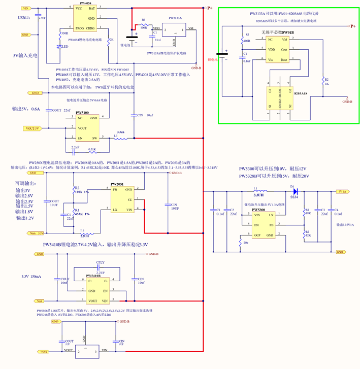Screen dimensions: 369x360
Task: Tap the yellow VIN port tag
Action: click(x=25, y=9)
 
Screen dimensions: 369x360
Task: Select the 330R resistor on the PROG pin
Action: click(x=61, y=36)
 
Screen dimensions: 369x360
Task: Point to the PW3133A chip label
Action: click(x=176, y=18)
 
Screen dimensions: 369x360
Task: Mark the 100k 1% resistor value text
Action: click(x=82, y=192)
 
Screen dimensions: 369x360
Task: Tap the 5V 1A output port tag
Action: click(x=343, y=192)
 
